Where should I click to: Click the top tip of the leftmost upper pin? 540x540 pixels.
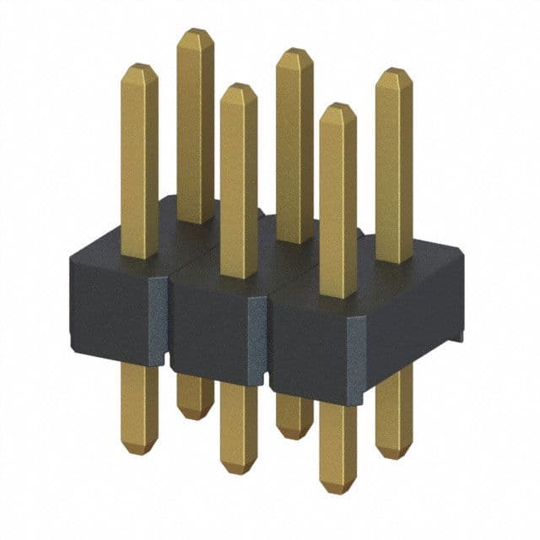click(x=139, y=65)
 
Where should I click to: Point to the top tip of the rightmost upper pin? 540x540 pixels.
click(x=394, y=71)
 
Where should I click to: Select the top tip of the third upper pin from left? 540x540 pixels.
click(x=239, y=85)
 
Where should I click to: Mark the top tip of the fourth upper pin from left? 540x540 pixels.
click(x=294, y=51)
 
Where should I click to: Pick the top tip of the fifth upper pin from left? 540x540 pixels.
click(x=338, y=105)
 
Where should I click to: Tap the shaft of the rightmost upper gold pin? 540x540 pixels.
click(x=394, y=169)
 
